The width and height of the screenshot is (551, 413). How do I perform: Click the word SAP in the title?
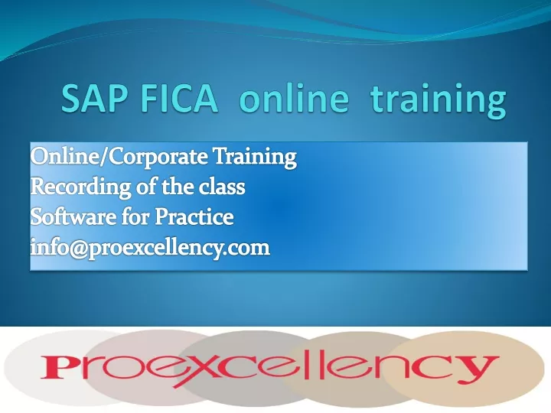(x=94, y=99)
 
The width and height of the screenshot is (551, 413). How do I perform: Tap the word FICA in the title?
(x=178, y=99)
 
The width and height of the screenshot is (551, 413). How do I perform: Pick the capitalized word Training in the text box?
(x=255, y=157)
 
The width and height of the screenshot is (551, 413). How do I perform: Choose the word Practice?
(x=194, y=216)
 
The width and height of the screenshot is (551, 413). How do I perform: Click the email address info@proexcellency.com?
(x=150, y=248)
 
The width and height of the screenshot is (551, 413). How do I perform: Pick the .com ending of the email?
(x=249, y=249)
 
